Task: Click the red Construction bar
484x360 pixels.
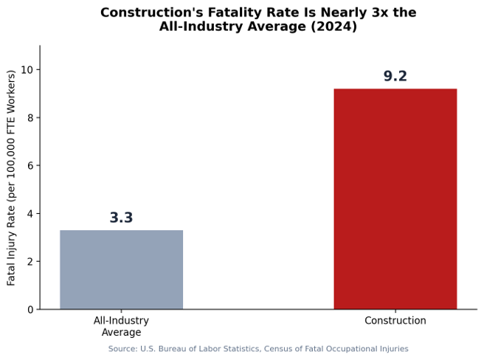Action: coord(395,199)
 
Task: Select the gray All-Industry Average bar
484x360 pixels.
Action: coord(121,269)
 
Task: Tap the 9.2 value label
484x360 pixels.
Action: coord(395,76)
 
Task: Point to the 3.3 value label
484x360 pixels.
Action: coord(121,218)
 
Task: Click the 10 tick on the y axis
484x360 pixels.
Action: coord(27,70)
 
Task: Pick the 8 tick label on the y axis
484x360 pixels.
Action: coord(30,117)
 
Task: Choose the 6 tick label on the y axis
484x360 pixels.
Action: coord(30,165)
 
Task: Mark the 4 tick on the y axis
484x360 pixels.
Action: coord(30,214)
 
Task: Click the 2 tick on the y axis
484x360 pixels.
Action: coord(30,261)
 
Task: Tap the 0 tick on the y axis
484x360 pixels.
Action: coord(30,309)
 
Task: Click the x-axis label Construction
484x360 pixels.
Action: coord(395,320)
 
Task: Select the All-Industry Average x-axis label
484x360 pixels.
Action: coord(121,326)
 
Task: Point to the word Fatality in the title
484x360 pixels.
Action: coord(235,13)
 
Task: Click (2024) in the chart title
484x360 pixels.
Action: coord(333,27)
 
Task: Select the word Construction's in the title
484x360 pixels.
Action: coord(151,13)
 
